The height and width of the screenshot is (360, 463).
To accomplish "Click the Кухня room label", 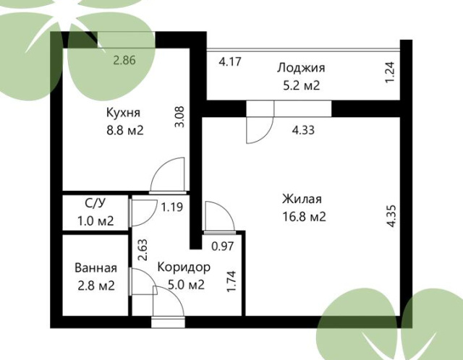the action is tap(123, 113).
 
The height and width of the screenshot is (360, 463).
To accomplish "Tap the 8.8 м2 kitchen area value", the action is tap(125, 130).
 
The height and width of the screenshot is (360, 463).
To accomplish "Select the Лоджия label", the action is tap(301, 68).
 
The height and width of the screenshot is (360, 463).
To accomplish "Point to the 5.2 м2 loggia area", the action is tap(302, 85).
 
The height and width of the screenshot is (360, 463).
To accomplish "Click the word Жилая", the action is tap(302, 200).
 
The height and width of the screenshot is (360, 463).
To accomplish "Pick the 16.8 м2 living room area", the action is tap(304, 217).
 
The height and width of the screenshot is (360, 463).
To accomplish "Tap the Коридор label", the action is tap(184, 267).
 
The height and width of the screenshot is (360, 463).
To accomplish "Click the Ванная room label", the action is tap(96, 268).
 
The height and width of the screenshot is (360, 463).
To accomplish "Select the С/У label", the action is tap(95, 203).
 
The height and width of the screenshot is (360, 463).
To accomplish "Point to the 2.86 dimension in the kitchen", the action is tap(124, 60).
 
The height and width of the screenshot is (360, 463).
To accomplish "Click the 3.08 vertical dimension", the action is tap(179, 117).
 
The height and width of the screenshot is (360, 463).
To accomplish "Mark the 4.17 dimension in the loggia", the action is tap(230, 62).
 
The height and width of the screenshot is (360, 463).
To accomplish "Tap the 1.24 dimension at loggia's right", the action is tap(390, 72).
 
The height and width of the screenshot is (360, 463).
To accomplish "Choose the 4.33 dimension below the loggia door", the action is tap(303, 130).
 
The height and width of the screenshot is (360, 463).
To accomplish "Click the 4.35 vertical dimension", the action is tap(391, 216).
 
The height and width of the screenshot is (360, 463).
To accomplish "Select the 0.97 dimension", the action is tap(223, 246).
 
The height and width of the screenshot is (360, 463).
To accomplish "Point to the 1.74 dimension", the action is tap(231, 281).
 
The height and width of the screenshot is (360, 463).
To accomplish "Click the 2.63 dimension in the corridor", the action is tap(143, 249).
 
